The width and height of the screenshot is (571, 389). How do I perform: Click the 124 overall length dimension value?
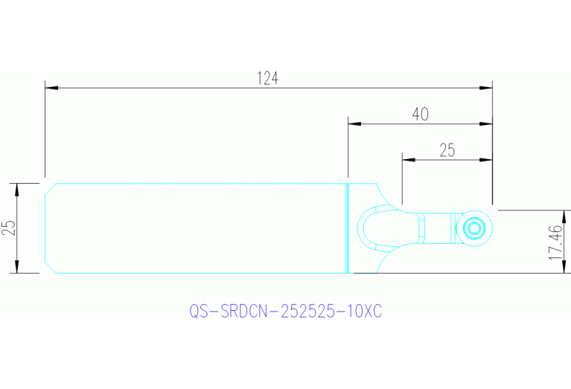click(268, 77)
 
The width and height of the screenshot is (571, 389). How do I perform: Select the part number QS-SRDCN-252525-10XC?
click(285, 312)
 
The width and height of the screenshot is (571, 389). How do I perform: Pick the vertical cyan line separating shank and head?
click(348, 228)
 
